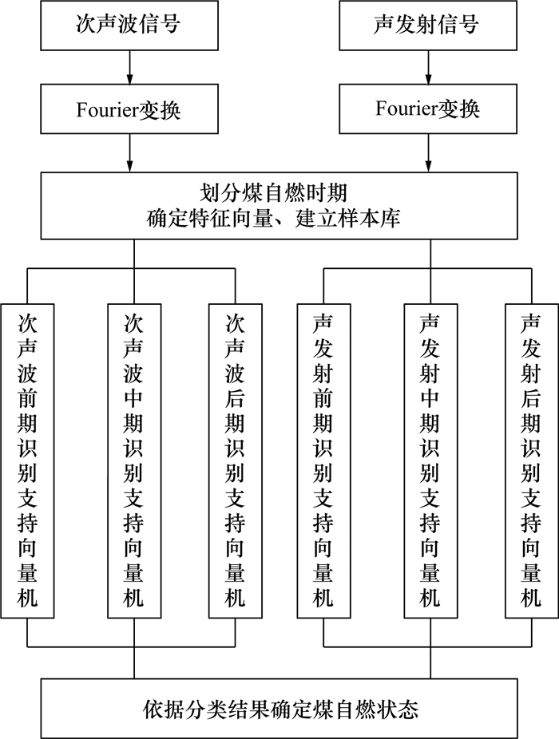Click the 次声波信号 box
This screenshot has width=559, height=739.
[x=128, y=25]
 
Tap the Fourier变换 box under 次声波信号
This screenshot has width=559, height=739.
[x=128, y=109]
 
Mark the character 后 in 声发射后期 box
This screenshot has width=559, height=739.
[x=531, y=397]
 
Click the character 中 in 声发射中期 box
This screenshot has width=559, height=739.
[x=430, y=397]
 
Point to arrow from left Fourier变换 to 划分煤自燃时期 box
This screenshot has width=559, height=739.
[x=128, y=152]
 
